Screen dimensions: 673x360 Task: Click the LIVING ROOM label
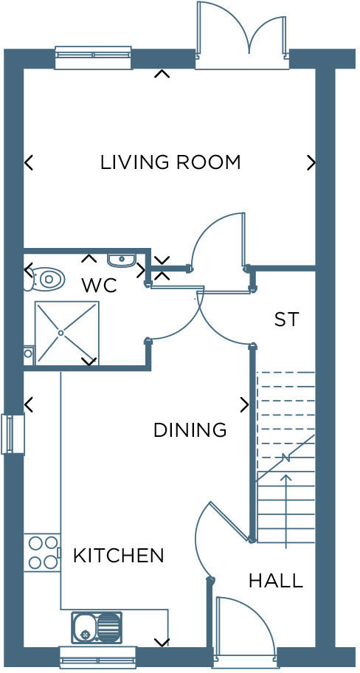(170, 162)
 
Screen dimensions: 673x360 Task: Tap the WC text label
(99, 286)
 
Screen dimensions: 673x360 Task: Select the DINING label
(190, 429)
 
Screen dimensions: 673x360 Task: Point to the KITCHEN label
(118, 555)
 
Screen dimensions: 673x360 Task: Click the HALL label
(275, 581)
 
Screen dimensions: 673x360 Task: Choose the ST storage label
(286, 320)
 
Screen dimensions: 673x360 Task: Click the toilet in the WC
(45, 278)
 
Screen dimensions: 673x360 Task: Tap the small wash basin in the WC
(122, 259)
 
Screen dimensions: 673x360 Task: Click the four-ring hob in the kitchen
(42, 552)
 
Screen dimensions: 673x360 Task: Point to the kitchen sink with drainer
(97, 627)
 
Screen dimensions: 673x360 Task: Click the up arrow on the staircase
(286, 509)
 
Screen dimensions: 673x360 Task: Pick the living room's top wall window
(93, 58)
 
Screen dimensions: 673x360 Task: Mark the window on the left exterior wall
(13, 433)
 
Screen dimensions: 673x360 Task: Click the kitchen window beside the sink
(97, 657)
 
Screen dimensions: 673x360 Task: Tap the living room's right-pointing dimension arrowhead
(311, 162)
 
